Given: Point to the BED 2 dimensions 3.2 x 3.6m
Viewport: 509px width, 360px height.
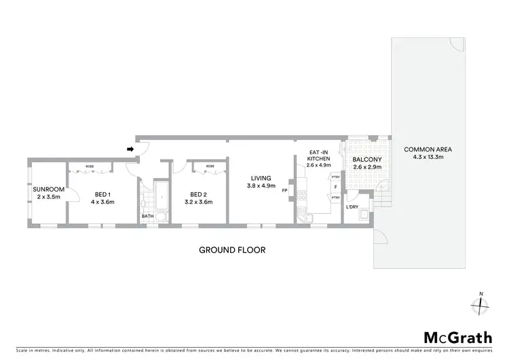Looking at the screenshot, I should [x=198, y=202].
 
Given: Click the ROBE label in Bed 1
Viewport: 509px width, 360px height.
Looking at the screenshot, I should [x=90, y=166].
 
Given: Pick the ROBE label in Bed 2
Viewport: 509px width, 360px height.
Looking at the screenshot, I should [x=210, y=166].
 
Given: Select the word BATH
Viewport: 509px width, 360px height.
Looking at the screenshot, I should [x=147, y=217].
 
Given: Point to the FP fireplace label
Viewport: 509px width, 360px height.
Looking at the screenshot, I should [x=285, y=191].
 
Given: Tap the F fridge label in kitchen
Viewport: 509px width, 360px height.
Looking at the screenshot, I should [x=335, y=186].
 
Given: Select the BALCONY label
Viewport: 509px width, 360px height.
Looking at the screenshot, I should [x=367, y=160].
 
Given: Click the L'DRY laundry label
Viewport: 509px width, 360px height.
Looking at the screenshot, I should [x=352, y=206].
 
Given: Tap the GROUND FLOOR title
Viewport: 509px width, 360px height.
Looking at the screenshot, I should [x=231, y=250].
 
